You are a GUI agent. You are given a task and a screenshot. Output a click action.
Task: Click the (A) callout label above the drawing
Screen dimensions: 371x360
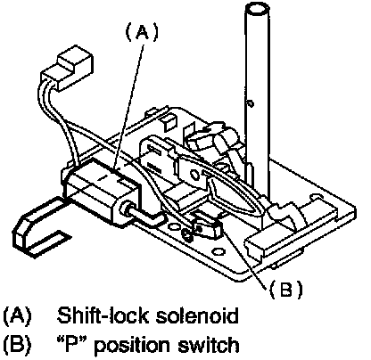pos(142,32)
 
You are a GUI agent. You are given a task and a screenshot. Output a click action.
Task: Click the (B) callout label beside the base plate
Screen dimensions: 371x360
pos(285,289)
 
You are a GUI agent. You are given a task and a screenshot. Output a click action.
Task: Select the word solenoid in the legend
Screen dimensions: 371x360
pos(197,315)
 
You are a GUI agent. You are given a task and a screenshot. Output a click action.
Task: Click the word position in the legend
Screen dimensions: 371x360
pos(133,346)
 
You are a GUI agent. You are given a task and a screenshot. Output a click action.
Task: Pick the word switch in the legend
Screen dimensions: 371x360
pos(209,345)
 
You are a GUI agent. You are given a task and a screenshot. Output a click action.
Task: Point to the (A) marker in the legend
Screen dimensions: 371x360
pos(17,315)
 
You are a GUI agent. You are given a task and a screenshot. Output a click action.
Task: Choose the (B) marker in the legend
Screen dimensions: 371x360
pos(17,345)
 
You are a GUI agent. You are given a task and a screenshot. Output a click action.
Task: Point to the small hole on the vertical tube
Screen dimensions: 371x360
pos(251,103)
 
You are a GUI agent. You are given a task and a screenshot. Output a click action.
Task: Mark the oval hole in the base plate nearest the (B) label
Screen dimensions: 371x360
pos(218,252)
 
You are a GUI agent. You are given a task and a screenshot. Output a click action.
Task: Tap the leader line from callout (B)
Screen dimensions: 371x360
pos(243,257)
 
